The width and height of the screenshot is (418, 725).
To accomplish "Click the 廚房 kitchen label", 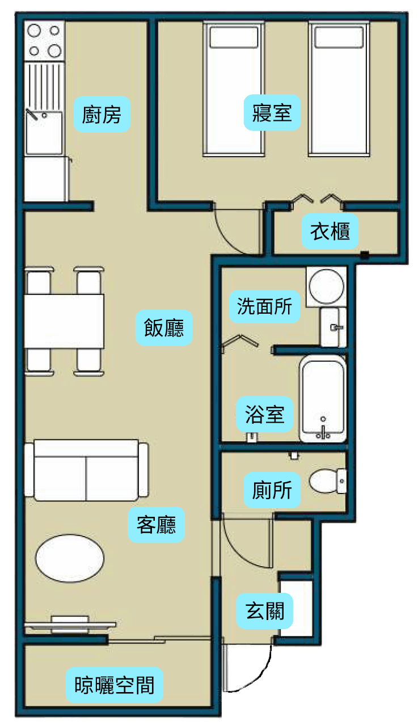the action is click(102, 114).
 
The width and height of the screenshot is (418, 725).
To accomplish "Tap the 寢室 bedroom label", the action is click(272, 113).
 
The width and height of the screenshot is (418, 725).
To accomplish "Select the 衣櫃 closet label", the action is click(330, 231).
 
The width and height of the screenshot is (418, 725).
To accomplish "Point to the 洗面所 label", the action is click(265, 306).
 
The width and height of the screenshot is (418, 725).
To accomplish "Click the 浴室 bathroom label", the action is click(265, 414).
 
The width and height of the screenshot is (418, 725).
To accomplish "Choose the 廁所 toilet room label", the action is click(272, 490).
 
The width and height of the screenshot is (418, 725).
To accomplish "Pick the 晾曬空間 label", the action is click(114, 685).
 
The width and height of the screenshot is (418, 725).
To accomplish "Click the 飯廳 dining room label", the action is click(164, 327).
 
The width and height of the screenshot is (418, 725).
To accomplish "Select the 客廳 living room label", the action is click(157, 524).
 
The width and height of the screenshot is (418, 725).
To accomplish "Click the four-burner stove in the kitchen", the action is click(44, 40).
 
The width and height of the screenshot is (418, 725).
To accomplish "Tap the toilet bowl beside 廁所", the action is click(327, 481).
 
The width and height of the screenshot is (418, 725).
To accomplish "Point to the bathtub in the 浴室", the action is click(323, 398).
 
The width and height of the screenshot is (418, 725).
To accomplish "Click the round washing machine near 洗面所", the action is click(326, 286).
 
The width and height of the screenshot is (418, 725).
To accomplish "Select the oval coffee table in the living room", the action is click(70, 558).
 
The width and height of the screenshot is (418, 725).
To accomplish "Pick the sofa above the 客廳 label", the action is click(86, 470).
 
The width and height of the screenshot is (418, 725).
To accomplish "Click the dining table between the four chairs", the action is click(64, 321).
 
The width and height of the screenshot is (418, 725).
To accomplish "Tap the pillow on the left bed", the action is click(234, 37).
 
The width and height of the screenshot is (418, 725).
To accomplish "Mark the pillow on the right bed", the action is click(339, 37).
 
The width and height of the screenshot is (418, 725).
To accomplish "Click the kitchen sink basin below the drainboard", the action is click(44, 133).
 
